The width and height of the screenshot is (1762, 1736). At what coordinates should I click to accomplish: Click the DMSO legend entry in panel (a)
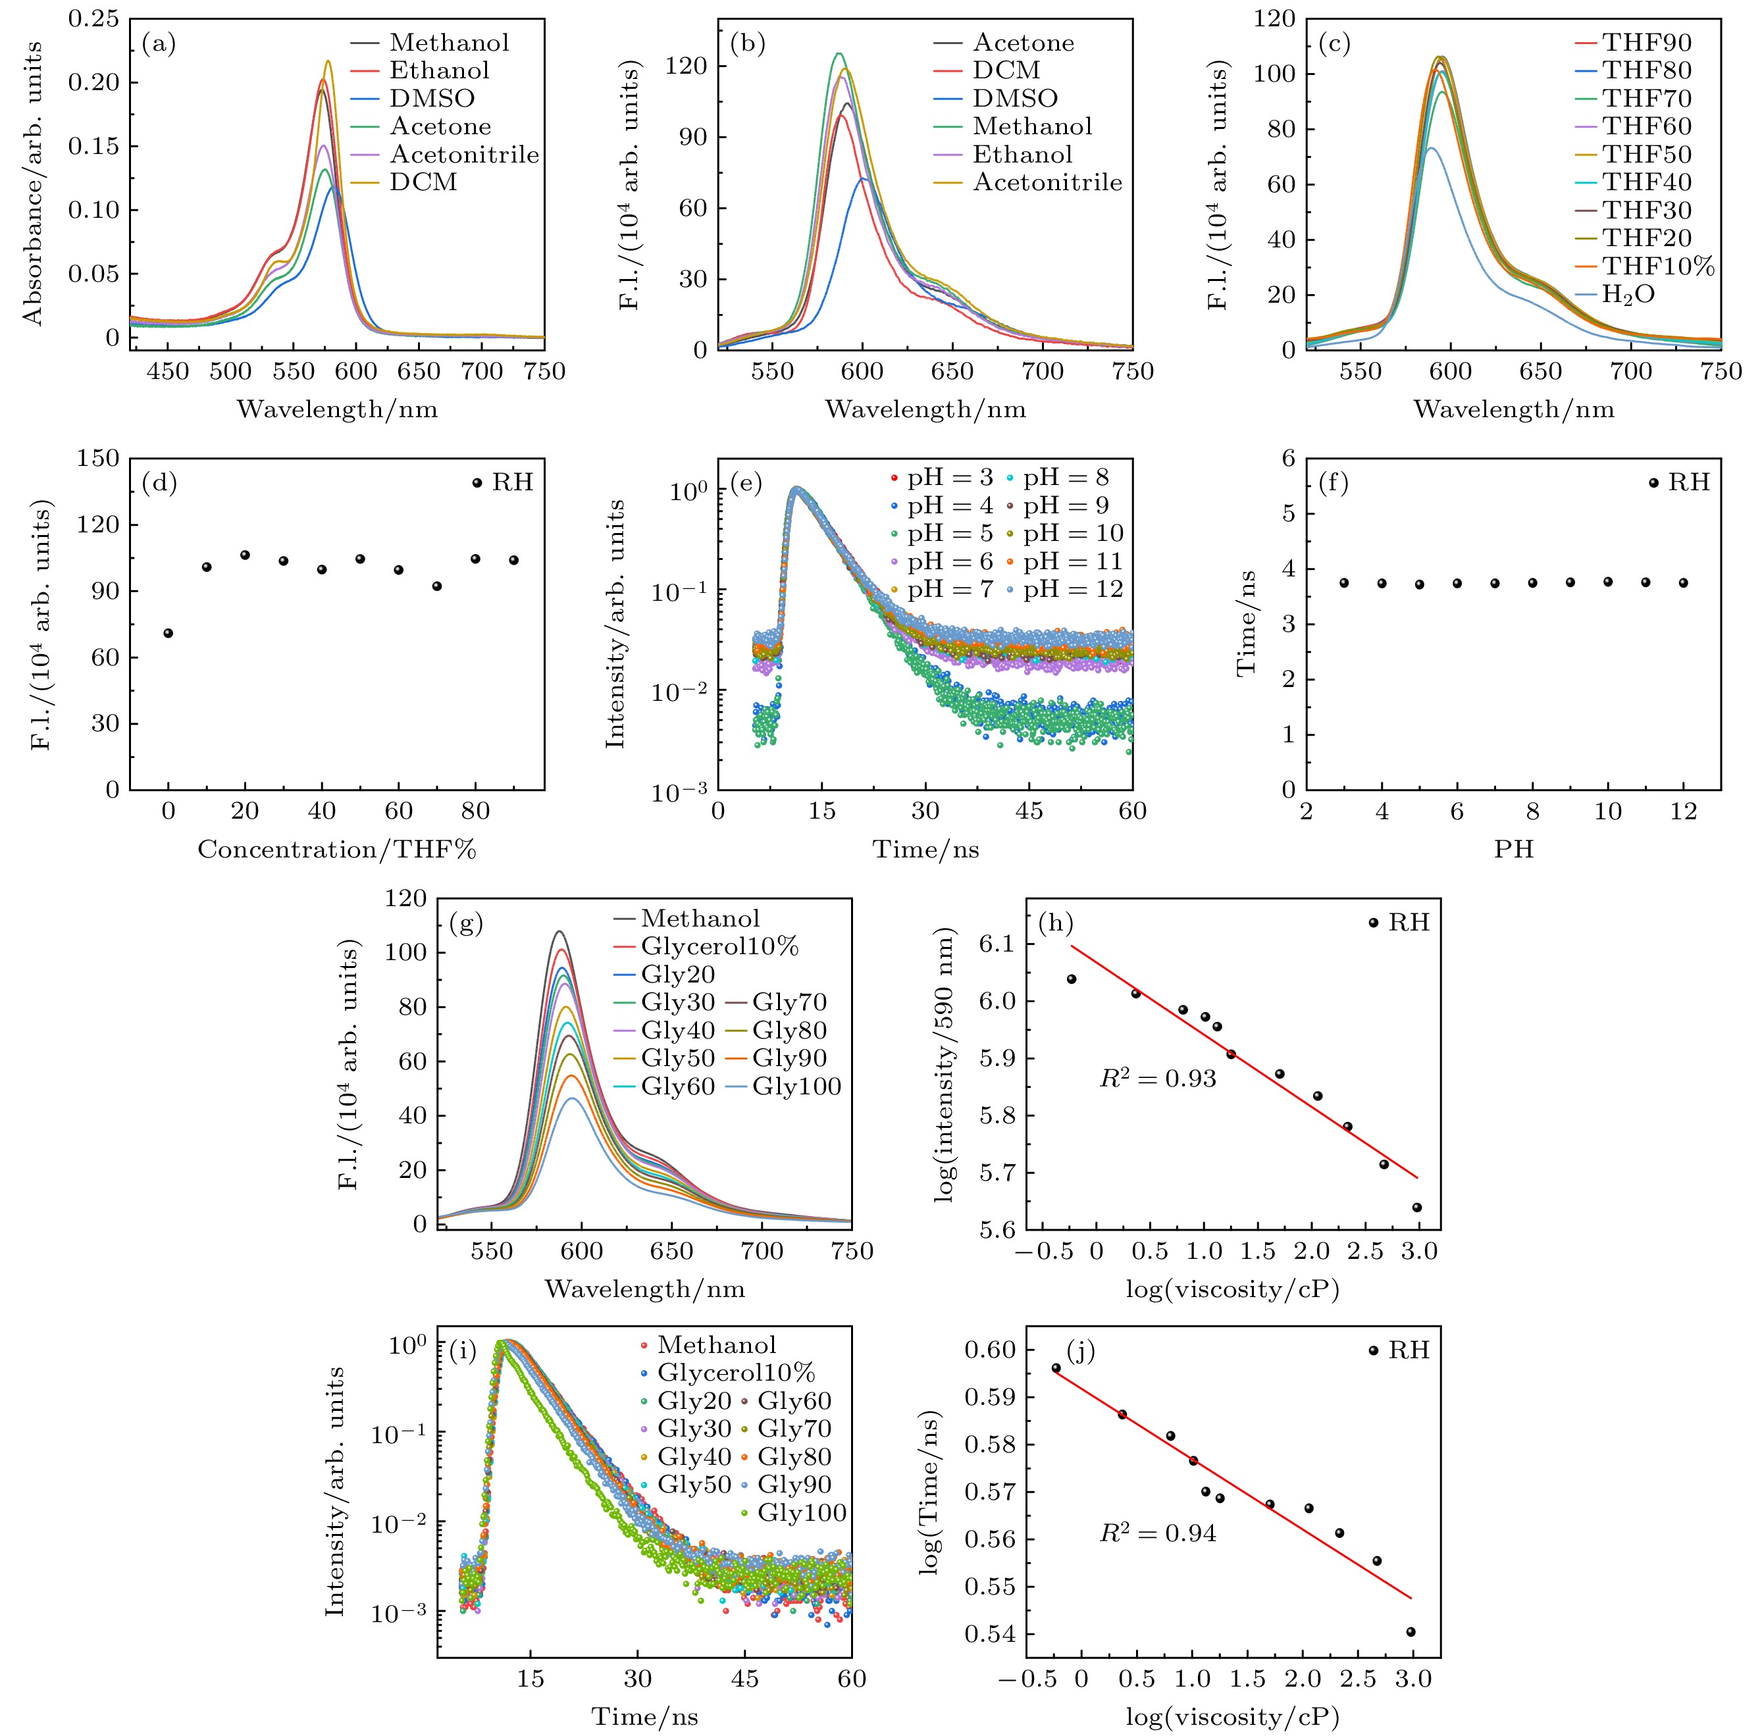[x=431, y=99]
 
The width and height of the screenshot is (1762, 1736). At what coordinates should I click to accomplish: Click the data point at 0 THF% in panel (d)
[x=168, y=633]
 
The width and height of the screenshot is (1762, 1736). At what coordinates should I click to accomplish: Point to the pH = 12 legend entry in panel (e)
[x=1072, y=590]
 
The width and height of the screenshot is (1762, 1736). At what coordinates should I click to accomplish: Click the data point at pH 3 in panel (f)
[x=1343, y=582]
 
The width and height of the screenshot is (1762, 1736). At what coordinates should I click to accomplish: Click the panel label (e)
[x=747, y=482]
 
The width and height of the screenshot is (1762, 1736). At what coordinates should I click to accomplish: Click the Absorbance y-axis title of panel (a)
[x=34, y=182]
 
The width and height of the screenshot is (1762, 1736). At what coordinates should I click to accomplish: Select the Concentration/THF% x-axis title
[x=336, y=850]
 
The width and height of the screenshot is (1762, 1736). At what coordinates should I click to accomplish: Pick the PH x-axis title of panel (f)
[x=1513, y=850]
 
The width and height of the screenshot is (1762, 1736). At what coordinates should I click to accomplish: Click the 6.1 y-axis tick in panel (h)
[x=996, y=943]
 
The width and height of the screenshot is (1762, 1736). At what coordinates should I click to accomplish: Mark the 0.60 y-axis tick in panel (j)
[x=989, y=1350]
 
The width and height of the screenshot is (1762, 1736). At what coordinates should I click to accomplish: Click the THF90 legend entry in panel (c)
[x=1646, y=43]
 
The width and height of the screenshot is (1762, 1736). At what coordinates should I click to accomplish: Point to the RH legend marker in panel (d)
[x=477, y=482]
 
